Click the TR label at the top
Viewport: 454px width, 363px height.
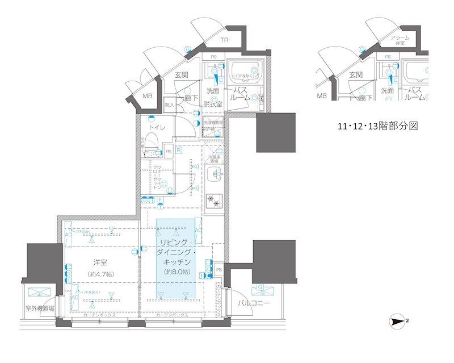tap(225, 40)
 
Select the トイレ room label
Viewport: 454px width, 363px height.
tap(157, 128)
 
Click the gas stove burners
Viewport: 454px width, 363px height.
tap(215, 200)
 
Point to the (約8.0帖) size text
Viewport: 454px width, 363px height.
tap(175, 272)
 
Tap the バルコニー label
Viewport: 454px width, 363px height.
tap(253, 303)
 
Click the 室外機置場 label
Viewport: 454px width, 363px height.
tap(39, 310)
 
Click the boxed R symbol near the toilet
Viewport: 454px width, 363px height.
tap(178, 151)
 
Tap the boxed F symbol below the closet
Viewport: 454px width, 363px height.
tap(161, 199)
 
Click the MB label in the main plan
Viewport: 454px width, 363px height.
tap(147, 95)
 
